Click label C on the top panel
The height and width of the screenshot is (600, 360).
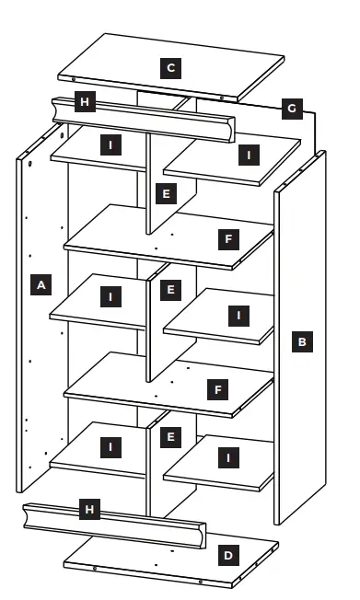click(x=169, y=67)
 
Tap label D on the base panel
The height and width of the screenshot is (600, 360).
click(x=228, y=556)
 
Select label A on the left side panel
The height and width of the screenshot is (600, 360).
click(x=41, y=285)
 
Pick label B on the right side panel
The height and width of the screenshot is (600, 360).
click(x=302, y=341)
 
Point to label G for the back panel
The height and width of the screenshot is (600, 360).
click(x=291, y=109)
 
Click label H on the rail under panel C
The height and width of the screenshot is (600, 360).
click(x=86, y=101)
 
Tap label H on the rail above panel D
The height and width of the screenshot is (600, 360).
click(x=88, y=509)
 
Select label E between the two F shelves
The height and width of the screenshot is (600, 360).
click(x=168, y=291)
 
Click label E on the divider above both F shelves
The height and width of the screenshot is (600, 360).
click(x=165, y=194)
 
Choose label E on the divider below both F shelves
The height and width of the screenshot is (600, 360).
click(x=168, y=435)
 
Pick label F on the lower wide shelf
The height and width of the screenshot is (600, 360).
click(x=218, y=390)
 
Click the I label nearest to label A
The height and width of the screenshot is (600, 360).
click(x=110, y=296)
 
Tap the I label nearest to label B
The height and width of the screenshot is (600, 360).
click(x=239, y=316)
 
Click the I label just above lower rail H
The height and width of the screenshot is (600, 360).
click(x=110, y=447)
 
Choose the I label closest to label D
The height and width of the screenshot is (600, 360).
click(x=227, y=456)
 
